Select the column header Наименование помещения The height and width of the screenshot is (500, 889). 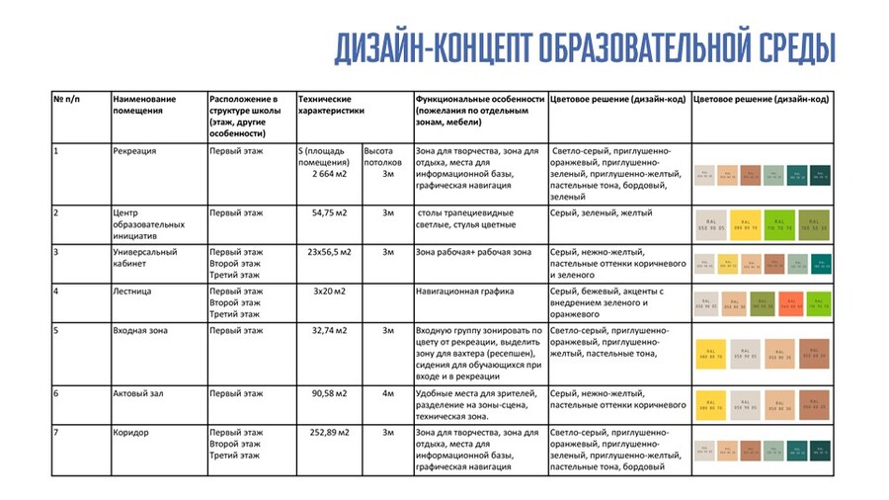click(x=144, y=106)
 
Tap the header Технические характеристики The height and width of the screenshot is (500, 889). click(x=325, y=106)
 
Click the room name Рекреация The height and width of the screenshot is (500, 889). click(x=134, y=151)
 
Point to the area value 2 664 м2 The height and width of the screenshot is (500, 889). click(x=322, y=174)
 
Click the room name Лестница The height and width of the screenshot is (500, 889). click(x=133, y=292)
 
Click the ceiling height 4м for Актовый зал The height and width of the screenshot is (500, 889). click(x=388, y=393)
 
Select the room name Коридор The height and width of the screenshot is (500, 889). click(x=132, y=433)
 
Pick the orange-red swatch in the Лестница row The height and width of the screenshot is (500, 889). click(x=789, y=302)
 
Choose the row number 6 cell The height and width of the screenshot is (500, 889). click(x=56, y=393)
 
